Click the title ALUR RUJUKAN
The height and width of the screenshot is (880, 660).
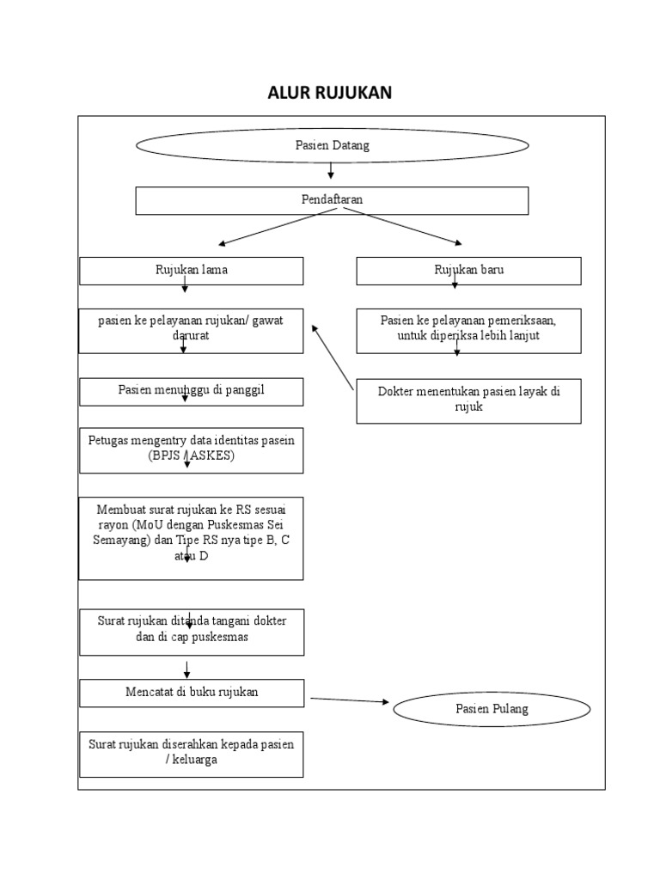point(330,93)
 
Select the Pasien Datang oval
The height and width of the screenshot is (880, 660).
point(332,145)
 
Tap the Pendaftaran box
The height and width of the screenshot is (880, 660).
point(332,200)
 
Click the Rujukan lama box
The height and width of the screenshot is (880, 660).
point(191,271)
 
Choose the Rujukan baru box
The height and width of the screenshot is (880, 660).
point(468,271)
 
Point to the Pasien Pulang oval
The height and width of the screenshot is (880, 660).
point(492,709)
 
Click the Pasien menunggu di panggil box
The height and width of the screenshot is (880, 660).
point(191,391)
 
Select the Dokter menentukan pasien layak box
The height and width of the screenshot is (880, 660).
point(468,400)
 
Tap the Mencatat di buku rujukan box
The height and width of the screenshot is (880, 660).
point(191,693)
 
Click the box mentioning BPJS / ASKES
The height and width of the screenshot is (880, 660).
point(191,449)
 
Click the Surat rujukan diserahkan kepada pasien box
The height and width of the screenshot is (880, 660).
point(191,753)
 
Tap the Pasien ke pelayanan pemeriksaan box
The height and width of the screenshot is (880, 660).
point(468,329)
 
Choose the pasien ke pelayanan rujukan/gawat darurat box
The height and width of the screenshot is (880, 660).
point(191,329)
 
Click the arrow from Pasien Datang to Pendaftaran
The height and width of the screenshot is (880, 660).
point(331,172)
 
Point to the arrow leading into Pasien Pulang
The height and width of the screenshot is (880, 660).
point(349,700)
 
